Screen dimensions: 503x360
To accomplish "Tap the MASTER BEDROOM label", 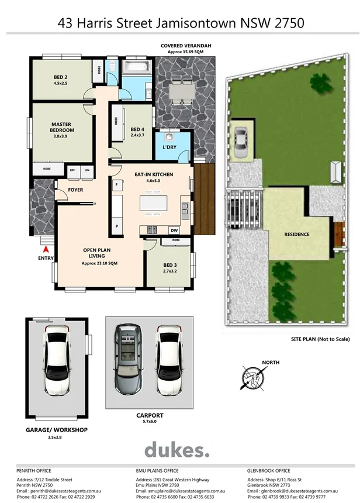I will point(61,128).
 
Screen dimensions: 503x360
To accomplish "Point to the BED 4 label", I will point(137,130).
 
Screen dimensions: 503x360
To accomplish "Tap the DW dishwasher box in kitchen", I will point(174,230).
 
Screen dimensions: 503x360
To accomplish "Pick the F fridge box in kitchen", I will point(117,185).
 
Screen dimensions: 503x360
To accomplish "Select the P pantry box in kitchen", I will point(117,226).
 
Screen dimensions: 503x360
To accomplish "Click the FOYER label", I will point(75,190).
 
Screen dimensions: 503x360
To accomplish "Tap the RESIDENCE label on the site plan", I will point(296,235).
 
